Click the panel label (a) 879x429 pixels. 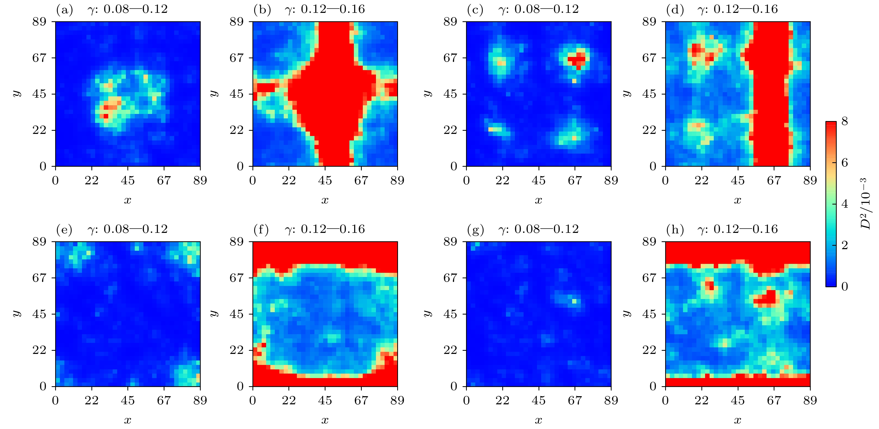64,9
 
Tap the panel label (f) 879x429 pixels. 261,229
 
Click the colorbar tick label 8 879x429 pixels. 845,121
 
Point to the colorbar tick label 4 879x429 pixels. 845,203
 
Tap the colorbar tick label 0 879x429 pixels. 845,286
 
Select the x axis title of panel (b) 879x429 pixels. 325,200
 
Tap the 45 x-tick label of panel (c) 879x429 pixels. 539,180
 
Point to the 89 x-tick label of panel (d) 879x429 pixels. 810,180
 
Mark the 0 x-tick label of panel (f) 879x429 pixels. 252,400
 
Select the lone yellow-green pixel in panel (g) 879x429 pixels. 574,301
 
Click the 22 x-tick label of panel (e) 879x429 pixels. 91,400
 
